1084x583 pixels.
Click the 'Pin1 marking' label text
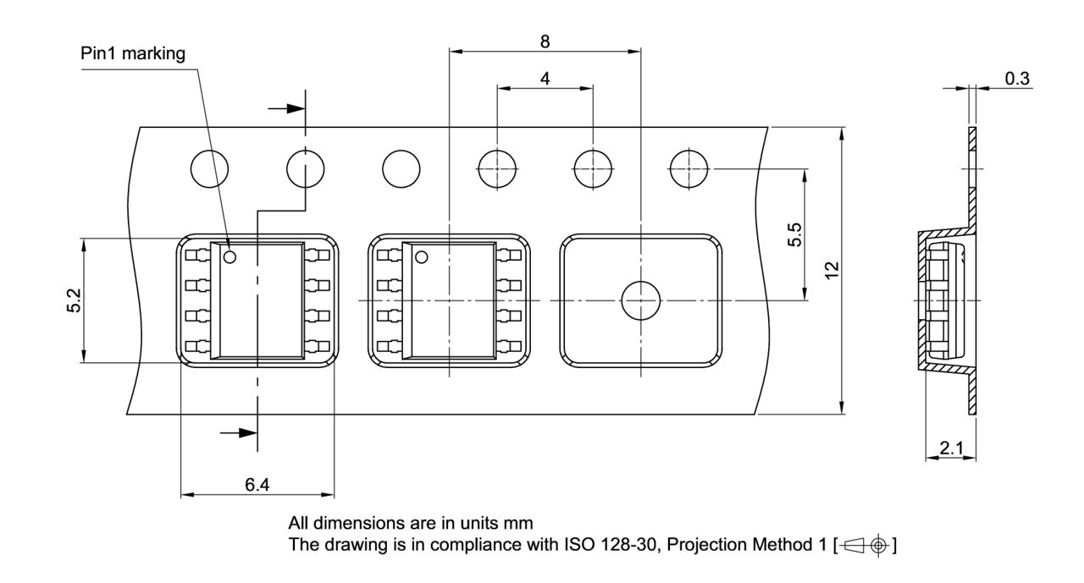pyautogui.click(x=132, y=53)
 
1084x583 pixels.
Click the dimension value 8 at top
pyautogui.click(x=544, y=40)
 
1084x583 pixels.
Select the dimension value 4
pyautogui.click(x=545, y=78)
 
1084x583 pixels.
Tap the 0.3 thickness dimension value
pyautogui.click(x=1017, y=79)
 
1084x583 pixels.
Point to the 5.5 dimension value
pyautogui.click(x=794, y=234)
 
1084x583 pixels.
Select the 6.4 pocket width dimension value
pyautogui.click(x=258, y=485)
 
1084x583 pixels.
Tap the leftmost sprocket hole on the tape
pyautogui.click(x=208, y=169)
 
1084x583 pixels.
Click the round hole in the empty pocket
pyautogui.click(x=640, y=300)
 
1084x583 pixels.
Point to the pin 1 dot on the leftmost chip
pyautogui.click(x=231, y=256)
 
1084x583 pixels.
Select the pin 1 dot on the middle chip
pyautogui.click(x=421, y=256)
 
